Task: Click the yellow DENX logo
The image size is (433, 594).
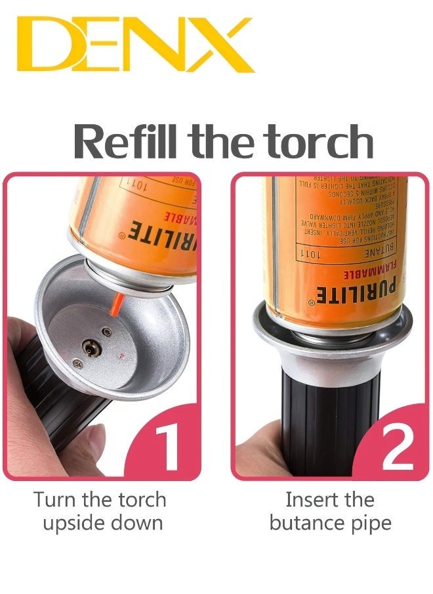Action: pos(134,45)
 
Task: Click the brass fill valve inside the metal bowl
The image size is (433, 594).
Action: pos(89,342)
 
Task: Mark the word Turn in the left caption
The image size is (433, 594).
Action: pos(54,499)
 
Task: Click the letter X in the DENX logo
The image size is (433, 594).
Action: pos(220,45)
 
